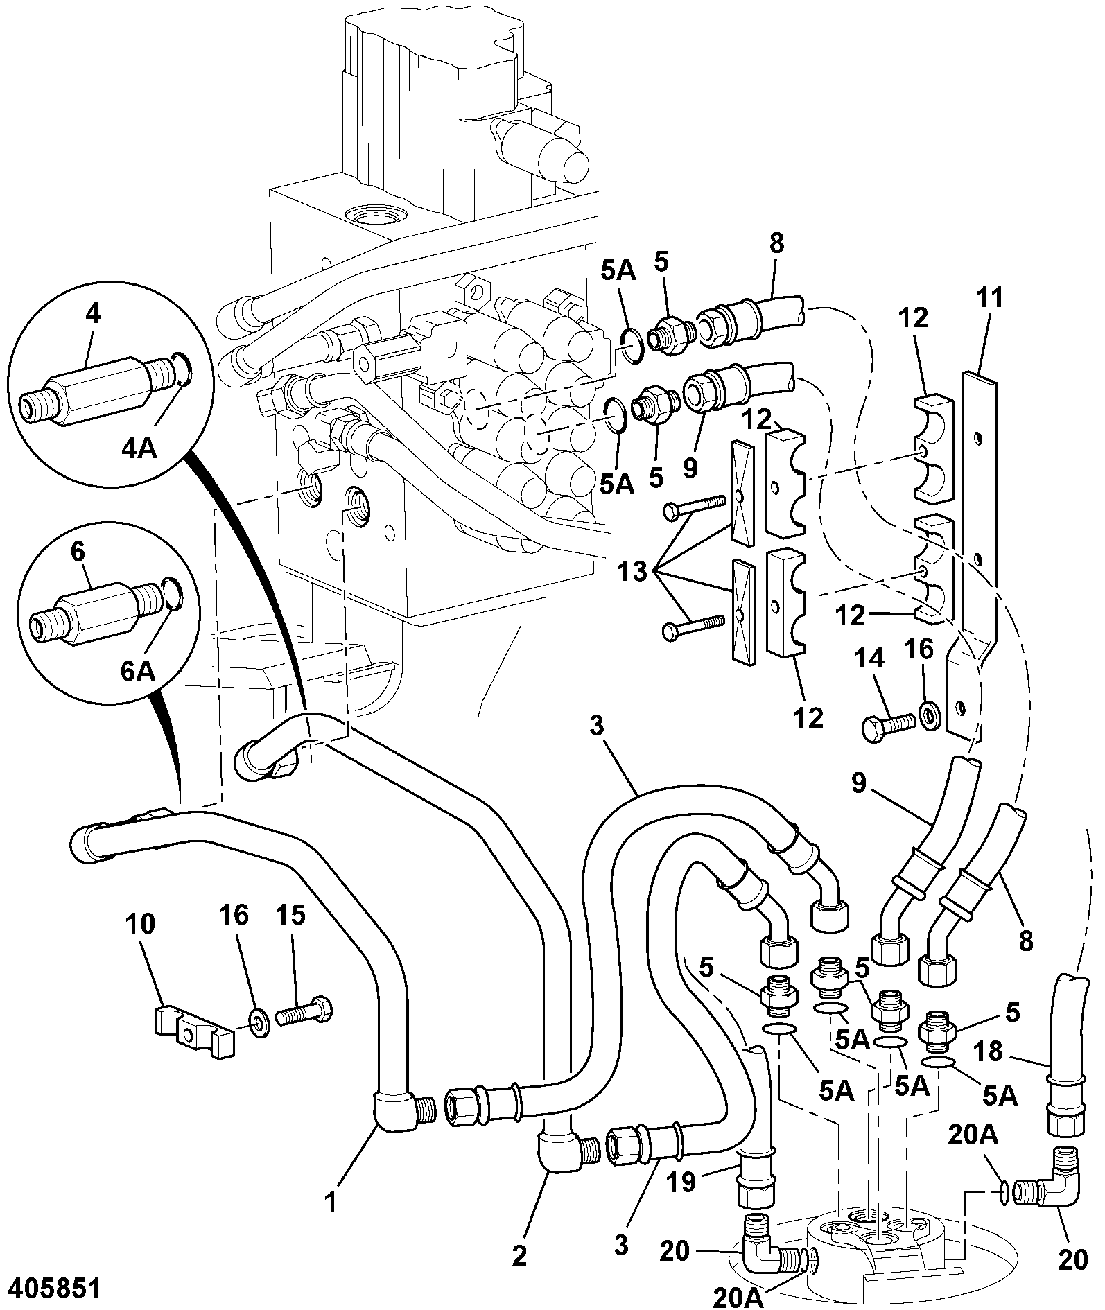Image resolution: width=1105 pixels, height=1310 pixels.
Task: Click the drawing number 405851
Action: pos(51,1288)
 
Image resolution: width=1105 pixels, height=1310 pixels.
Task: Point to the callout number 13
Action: pos(631,573)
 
